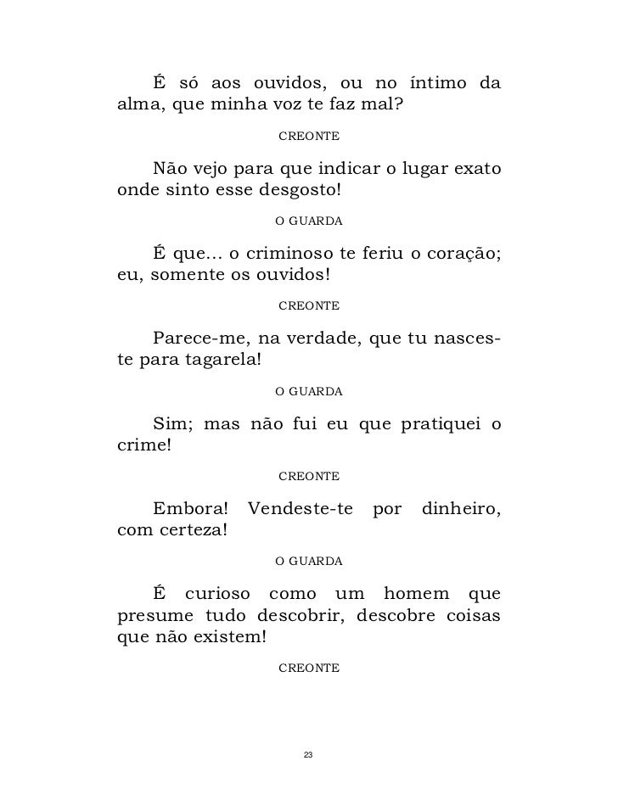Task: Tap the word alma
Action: click(x=136, y=107)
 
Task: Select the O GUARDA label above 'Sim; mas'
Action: click(x=309, y=392)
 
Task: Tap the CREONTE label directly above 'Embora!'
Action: click(x=309, y=476)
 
